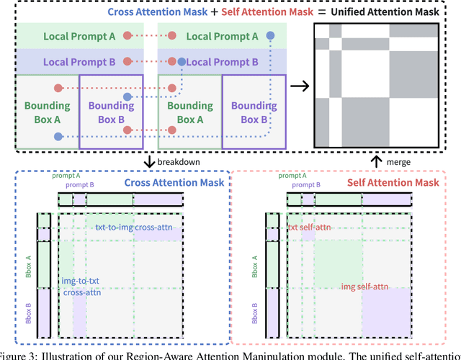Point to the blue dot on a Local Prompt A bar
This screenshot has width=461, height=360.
270,35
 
